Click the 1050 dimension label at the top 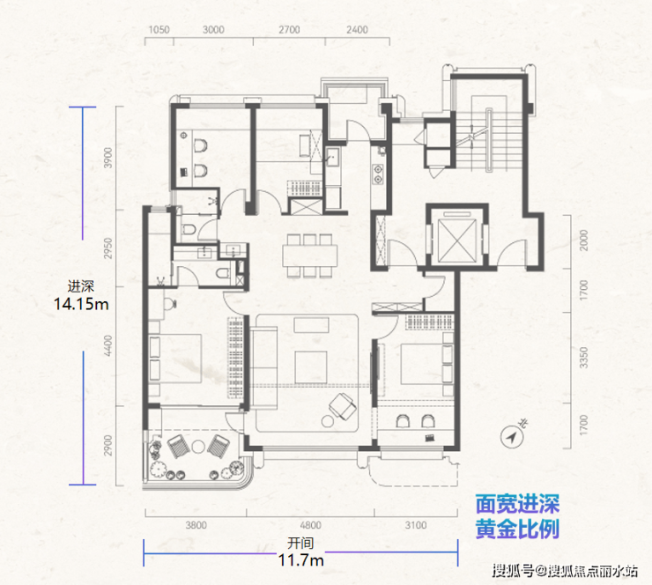click(x=159, y=30)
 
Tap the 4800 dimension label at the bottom click(x=311, y=525)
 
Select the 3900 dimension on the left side click(x=108, y=158)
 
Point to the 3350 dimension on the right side click(x=584, y=358)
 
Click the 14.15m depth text click(x=81, y=304)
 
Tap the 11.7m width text click(x=300, y=559)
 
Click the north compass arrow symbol click(x=511, y=437)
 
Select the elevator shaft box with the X click(x=456, y=241)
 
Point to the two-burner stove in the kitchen click(x=378, y=174)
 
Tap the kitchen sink click(x=332, y=157)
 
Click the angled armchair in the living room click(x=342, y=405)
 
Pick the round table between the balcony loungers click(x=198, y=447)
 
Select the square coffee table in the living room click(x=311, y=367)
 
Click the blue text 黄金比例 click(x=517, y=529)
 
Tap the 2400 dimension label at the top click(x=357, y=30)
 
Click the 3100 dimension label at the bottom click(x=416, y=525)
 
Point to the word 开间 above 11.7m click(x=300, y=543)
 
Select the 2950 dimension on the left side click(x=108, y=248)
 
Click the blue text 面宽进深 click(x=517, y=504)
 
